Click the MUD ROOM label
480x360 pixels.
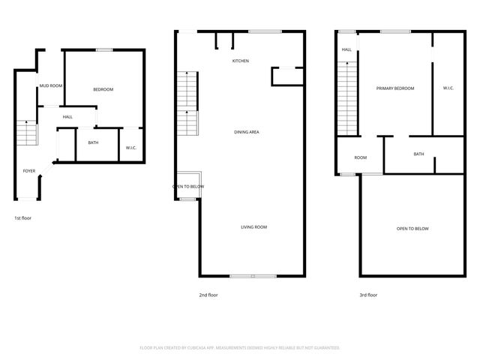51,86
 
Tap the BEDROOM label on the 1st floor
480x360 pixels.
103,90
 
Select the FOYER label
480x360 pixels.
29,171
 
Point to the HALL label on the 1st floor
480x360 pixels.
67,117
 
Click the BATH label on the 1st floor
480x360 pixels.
93,142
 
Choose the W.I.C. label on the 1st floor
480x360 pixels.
130,148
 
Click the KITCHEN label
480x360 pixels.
240,61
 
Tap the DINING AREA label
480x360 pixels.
247,132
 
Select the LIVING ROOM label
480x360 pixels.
253,226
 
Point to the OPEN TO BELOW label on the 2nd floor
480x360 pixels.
188,186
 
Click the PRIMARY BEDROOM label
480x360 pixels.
395,88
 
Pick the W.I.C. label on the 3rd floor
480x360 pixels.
448,88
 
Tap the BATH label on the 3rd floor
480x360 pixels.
418,154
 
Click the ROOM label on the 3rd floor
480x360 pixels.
361,157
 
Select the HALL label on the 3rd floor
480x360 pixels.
346,50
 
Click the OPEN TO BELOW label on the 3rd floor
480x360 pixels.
412,229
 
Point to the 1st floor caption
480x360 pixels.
22,217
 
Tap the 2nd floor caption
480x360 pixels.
208,295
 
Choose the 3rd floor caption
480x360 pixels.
368,295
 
